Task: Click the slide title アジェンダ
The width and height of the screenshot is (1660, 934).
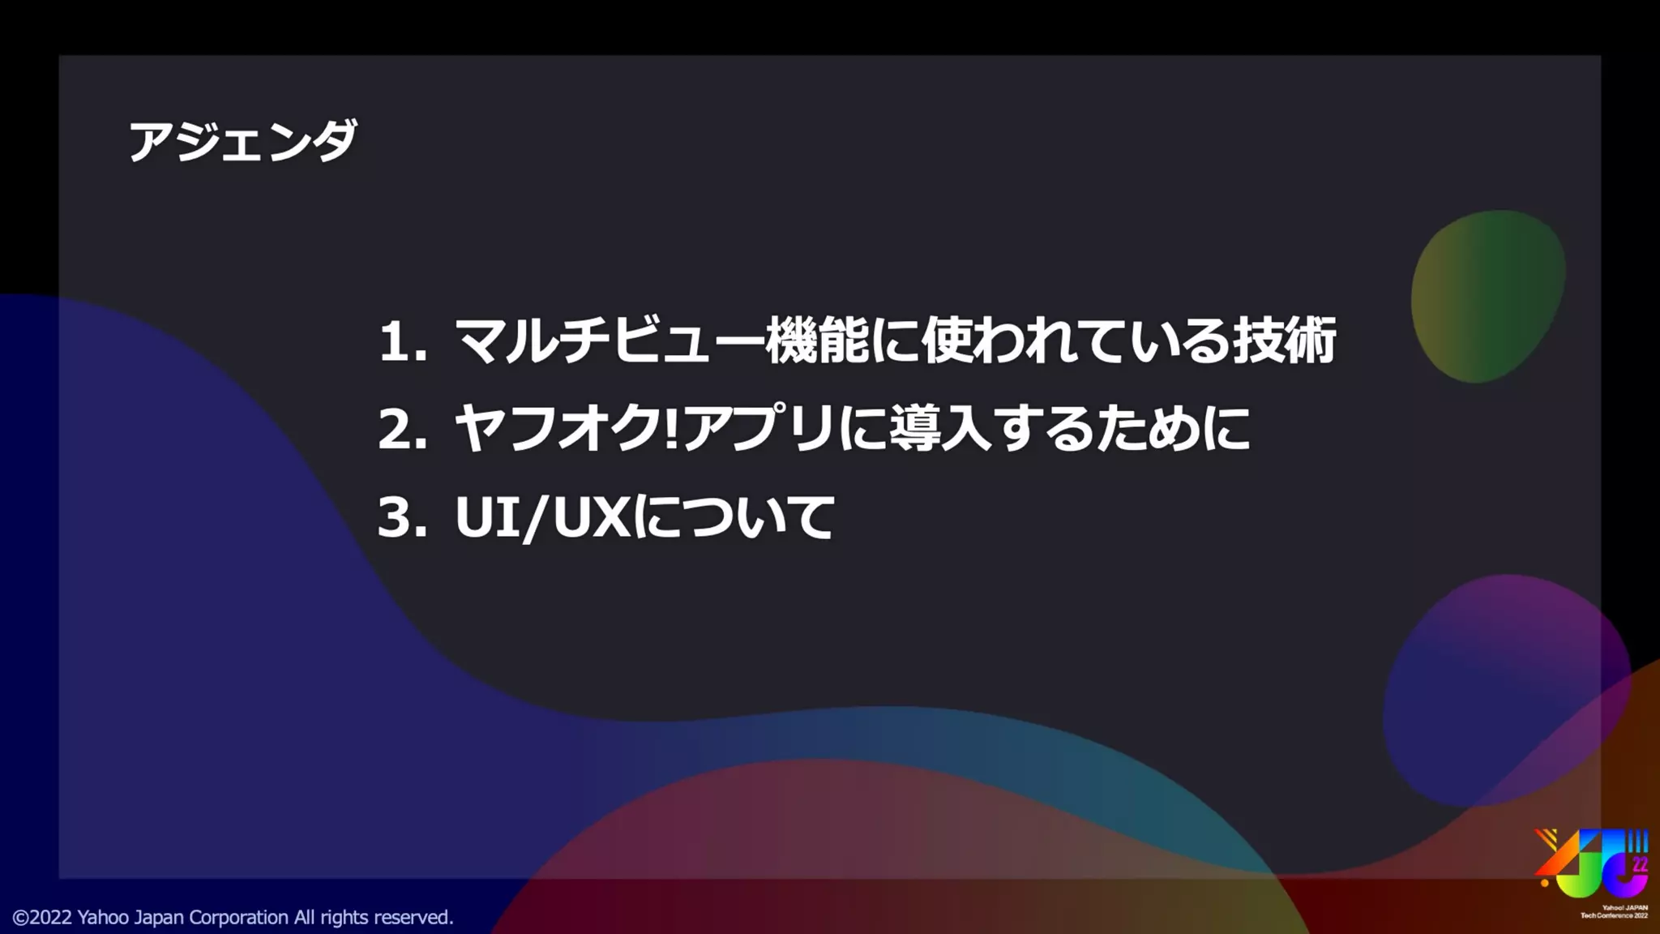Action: click(x=242, y=141)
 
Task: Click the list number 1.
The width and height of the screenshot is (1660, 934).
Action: click(x=395, y=341)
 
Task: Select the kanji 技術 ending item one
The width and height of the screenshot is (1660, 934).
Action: click(x=1285, y=341)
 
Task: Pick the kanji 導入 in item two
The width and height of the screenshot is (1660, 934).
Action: click(x=940, y=429)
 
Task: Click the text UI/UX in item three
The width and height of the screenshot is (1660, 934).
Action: click(x=543, y=517)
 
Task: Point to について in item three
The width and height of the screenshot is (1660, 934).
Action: click(x=734, y=517)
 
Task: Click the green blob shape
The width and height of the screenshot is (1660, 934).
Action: click(x=1487, y=297)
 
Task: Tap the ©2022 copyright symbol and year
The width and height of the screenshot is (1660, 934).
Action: click(x=42, y=917)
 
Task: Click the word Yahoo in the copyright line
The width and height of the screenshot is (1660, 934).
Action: click(x=103, y=917)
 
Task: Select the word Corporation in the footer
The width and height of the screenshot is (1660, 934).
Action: click(x=238, y=917)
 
